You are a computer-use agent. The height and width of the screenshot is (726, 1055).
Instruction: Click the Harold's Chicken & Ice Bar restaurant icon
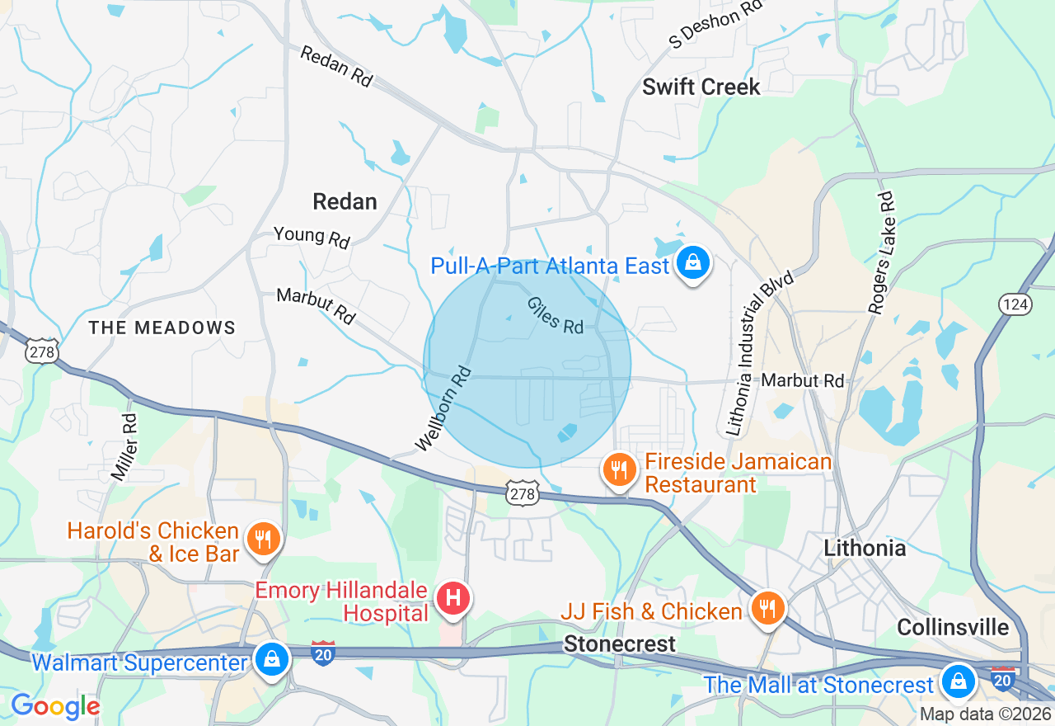(263, 540)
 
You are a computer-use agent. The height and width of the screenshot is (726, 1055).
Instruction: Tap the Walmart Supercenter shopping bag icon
(270, 660)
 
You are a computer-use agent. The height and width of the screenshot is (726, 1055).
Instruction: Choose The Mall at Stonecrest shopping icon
(958, 682)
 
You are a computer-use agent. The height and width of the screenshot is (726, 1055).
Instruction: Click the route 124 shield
(1015, 304)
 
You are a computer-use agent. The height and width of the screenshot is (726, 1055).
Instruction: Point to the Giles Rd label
(556, 315)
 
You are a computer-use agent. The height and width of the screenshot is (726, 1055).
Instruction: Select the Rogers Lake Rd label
(880, 252)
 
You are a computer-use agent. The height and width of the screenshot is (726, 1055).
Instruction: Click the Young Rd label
(312, 237)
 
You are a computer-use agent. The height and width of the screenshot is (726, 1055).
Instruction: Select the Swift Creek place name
(701, 87)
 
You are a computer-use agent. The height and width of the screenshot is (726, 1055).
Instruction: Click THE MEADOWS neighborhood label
(162, 328)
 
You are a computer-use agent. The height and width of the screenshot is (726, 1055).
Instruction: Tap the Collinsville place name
(952, 627)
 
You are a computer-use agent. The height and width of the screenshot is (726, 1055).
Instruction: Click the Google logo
(55, 706)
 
